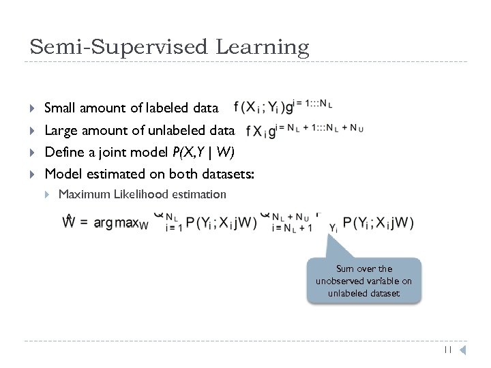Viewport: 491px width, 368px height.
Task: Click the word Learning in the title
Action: [x=263, y=47]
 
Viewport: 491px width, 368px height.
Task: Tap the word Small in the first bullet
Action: [x=60, y=108]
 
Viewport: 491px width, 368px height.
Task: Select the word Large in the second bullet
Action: [x=60, y=129]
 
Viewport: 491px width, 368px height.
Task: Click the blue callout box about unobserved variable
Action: [x=363, y=279]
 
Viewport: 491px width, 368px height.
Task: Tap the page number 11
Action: [x=447, y=350]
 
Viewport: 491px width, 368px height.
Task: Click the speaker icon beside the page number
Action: [x=462, y=350]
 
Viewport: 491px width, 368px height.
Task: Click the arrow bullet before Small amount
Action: [x=33, y=108]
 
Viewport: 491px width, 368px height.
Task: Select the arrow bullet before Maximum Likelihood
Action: [x=47, y=195]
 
